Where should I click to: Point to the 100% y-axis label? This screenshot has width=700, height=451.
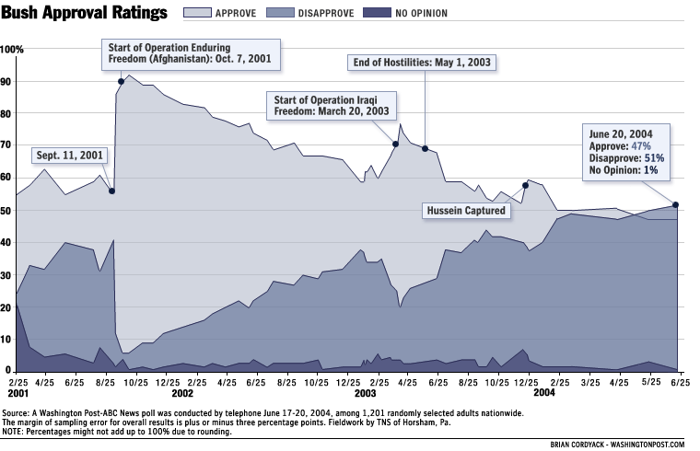[13, 49]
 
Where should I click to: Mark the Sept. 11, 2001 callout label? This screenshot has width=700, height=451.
[69, 156]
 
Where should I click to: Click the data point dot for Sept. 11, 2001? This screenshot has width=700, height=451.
[111, 191]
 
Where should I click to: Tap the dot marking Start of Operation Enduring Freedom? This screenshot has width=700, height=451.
[121, 82]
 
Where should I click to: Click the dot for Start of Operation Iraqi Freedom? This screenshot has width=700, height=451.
[396, 144]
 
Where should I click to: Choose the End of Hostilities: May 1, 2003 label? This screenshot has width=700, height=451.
[423, 64]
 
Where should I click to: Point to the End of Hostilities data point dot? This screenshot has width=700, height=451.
[425, 148]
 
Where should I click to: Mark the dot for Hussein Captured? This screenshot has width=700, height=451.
[525, 185]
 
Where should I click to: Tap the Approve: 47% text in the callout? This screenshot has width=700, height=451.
[621, 145]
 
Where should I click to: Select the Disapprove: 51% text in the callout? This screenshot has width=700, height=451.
[626, 157]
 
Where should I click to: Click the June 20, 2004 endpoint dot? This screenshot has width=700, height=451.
[676, 204]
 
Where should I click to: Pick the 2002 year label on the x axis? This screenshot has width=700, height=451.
[182, 392]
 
